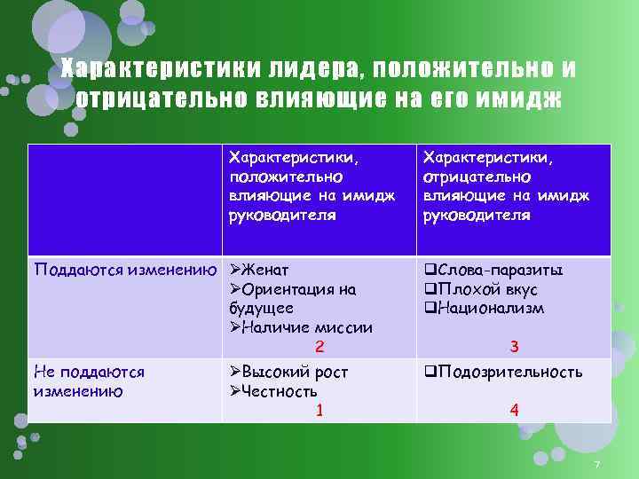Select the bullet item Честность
(x=279, y=391)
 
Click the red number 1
(x=319, y=410)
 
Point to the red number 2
(x=319, y=346)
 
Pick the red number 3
(x=514, y=346)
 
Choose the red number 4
(x=514, y=410)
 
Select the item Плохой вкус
(x=486, y=289)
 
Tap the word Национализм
(x=490, y=308)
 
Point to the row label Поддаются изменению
(x=125, y=271)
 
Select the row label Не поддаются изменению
(x=89, y=381)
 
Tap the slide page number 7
(x=597, y=467)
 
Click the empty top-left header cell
(x=125, y=200)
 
